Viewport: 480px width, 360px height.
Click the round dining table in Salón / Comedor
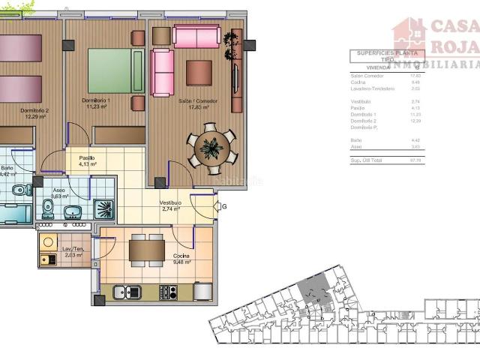tap(211, 148)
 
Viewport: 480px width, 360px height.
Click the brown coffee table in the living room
tap(199, 73)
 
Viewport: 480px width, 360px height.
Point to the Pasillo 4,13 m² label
tap(88, 161)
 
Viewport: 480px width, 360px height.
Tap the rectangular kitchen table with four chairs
tap(146, 250)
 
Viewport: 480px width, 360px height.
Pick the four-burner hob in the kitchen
tap(169, 292)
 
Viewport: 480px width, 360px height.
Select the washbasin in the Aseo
tap(73, 214)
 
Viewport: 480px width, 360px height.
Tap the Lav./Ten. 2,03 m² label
tap(73, 253)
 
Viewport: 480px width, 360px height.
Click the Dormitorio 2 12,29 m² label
tap(35, 113)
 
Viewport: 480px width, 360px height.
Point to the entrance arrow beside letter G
tap(217, 206)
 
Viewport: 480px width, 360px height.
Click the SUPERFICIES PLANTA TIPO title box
tap(387, 55)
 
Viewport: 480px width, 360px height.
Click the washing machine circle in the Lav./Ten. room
tap(48, 242)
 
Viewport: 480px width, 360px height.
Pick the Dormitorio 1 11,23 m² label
tap(97, 103)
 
